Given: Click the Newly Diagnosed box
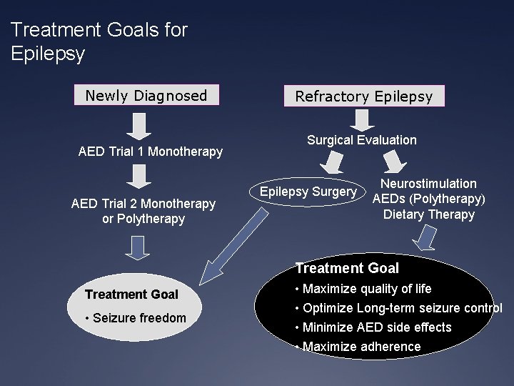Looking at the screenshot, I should coord(146,96).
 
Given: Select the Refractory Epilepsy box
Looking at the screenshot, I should coord(364,96).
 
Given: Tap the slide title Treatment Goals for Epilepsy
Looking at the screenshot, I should coord(100,41).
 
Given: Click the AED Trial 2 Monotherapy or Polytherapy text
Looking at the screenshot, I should coord(143,211).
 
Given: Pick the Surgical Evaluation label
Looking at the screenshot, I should coord(362,140).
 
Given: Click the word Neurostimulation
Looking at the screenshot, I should coord(428,184).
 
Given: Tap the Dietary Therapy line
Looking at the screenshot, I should coord(428,214).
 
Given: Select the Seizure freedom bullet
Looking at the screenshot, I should coord(136,317).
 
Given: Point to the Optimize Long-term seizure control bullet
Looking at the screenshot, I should coord(398,308).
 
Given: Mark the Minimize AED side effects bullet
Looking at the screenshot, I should coord(373,327).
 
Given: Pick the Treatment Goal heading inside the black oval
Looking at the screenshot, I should coord(347,269).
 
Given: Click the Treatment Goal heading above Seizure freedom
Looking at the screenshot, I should coord(131,295).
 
